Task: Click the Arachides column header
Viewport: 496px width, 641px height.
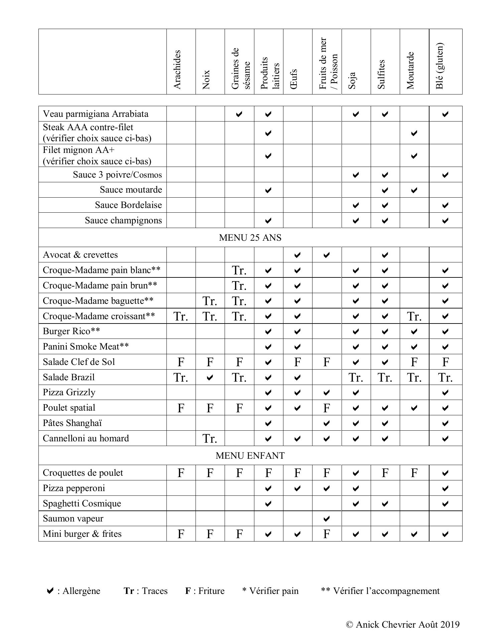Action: click(177, 69)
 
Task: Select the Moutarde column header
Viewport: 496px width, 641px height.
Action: click(411, 70)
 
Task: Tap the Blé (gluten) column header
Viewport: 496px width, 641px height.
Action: click(440, 66)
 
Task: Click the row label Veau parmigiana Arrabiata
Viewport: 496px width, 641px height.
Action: click(96, 114)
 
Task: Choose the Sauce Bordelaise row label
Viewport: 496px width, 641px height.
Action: click(128, 205)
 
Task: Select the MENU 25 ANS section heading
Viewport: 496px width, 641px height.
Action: click(250, 238)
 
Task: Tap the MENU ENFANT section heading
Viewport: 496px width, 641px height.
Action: click(250, 456)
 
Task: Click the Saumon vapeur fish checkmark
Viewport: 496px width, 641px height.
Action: click(327, 519)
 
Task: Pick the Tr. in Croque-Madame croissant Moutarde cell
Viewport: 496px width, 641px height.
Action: click(414, 316)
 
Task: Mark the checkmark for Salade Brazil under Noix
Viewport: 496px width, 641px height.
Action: click(210, 378)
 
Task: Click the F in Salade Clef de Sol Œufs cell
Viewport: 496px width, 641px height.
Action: click(297, 362)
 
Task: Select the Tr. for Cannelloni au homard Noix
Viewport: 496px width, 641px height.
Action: click(210, 439)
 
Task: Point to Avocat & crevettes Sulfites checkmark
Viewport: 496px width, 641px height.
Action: click(385, 255)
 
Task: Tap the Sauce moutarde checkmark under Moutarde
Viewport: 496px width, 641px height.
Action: click(414, 190)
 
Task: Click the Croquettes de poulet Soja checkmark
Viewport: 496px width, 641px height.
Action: click(356, 473)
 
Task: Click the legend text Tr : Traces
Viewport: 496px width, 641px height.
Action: click(146, 591)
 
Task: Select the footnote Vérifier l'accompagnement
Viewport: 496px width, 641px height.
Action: click(380, 591)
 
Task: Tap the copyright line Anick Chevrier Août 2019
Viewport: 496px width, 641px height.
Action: click(403, 625)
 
